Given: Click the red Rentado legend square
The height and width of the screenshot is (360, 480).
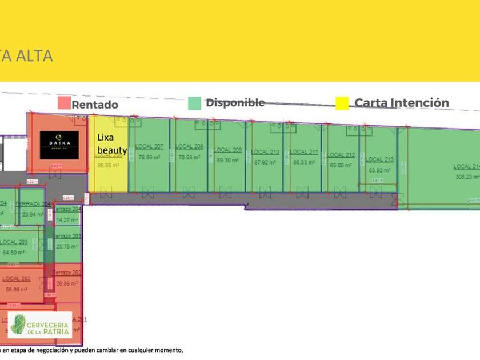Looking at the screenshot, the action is point(64,103).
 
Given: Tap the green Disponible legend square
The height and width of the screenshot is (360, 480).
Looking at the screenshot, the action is point(194,103).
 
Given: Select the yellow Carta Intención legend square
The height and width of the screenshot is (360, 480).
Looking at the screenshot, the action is point(342,103).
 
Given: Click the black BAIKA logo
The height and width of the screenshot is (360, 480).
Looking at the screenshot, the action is point(59,145).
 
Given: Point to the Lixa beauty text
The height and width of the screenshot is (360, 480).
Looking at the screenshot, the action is point(111,143).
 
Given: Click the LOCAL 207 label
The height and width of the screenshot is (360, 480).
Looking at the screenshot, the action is point(150,147).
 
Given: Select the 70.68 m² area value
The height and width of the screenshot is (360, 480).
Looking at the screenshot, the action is point(189,157).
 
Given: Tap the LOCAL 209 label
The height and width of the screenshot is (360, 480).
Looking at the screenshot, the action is point(227,150).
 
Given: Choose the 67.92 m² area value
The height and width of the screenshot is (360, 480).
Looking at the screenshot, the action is point(265,162).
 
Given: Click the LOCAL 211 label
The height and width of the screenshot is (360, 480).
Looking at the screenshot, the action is point(304,152).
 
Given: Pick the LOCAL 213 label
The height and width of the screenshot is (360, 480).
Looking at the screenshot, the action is point(380,159).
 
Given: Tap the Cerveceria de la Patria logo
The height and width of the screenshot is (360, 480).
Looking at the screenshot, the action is point(40,325).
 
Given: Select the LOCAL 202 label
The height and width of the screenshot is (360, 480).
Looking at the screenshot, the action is point(17,279).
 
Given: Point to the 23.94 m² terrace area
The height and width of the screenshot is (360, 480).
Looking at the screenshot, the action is point(33,214).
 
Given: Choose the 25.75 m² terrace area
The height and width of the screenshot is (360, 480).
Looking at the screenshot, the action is point(67,247).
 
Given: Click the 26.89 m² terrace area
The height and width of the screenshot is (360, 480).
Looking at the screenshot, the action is point(67,283).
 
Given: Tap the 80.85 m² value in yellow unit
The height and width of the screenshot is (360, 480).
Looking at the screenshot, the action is point(108,166).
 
